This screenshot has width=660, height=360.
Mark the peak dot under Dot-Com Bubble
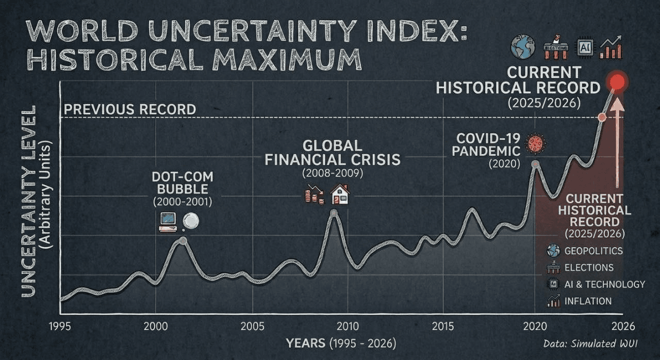(x=183, y=241)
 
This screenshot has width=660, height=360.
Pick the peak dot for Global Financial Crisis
(x=334, y=212)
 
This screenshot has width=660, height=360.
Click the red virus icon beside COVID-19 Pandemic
(x=535, y=143)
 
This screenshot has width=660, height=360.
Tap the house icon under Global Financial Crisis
(x=340, y=195)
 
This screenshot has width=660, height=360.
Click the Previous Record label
(x=129, y=109)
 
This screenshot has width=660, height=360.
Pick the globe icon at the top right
(x=522, y=46)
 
